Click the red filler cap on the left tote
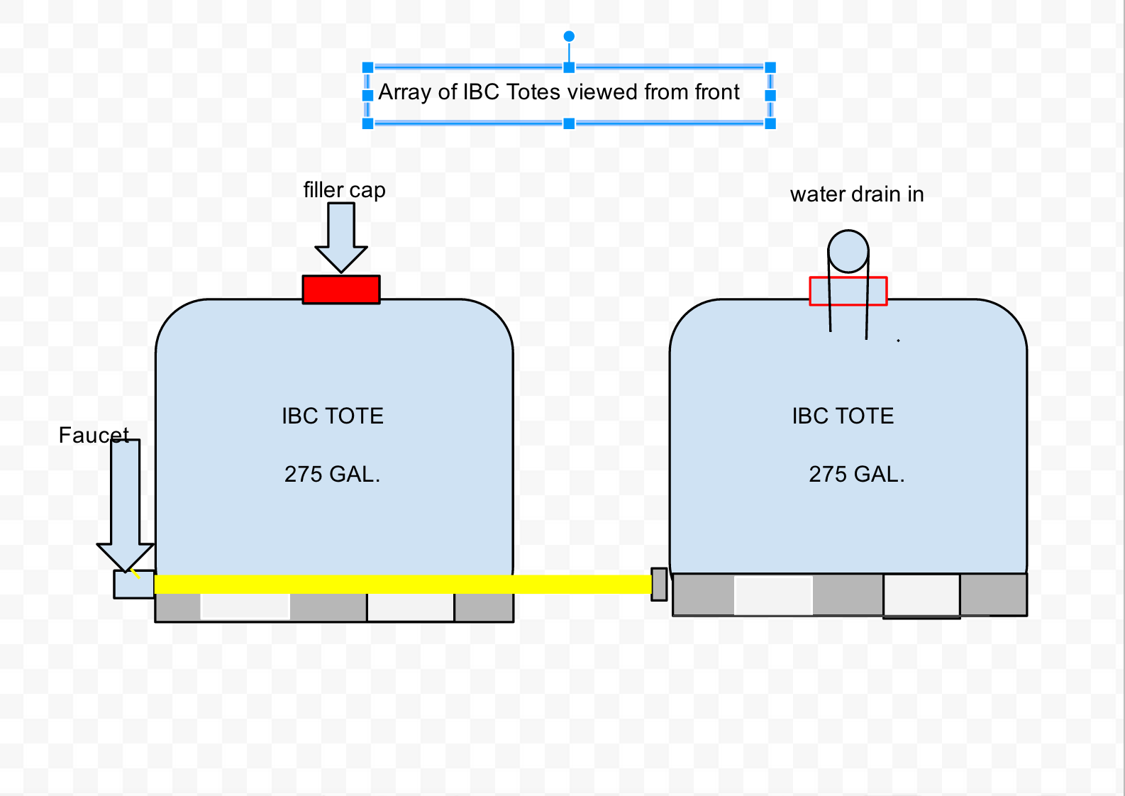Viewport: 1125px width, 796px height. click(341, 289)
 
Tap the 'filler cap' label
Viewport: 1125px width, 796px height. click(344, 190)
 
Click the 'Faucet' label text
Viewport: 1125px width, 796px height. click(94, 435)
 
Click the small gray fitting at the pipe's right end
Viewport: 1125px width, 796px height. click(659, 584)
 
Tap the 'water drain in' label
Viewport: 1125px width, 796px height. click(857, 194)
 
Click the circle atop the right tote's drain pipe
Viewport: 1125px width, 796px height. click(848, 250)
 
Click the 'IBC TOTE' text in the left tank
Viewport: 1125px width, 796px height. click(333, 416)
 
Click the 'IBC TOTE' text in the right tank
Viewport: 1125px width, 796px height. click(843, 416)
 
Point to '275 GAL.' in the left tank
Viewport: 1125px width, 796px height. click(332, 474)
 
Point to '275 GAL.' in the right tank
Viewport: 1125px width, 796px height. click(857, 474)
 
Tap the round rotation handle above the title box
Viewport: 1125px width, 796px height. click(569, 36)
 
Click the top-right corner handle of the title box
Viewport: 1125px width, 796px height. click(770, 68)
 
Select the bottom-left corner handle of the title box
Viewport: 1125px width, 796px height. click(367, 123)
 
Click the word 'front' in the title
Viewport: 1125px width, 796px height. click(717, 92)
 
